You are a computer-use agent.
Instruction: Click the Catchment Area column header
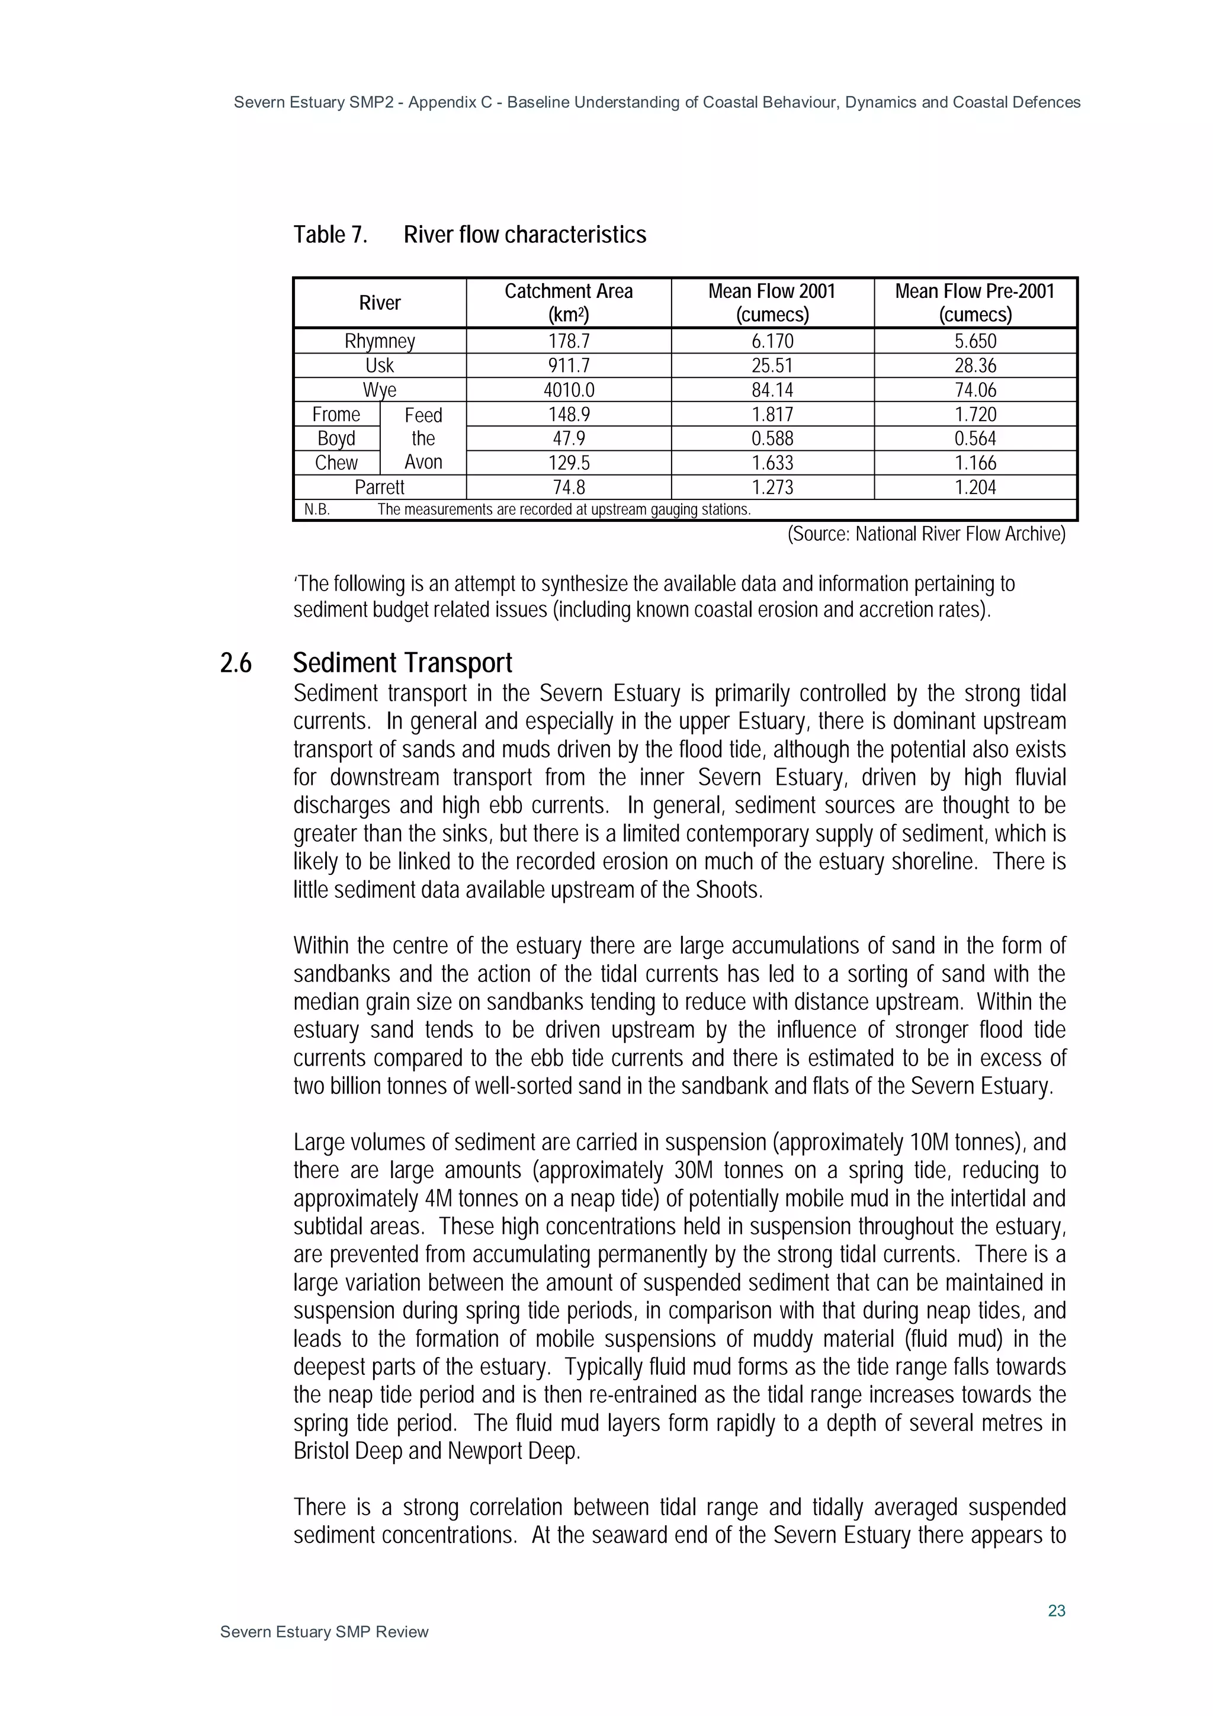[x=568, y=302]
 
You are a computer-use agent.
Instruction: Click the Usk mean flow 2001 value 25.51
[x=772, y=365]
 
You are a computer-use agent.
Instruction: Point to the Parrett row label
[x=380, y=487]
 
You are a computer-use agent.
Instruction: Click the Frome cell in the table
[x=336, y=414]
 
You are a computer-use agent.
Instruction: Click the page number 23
[x=1056, y=1611]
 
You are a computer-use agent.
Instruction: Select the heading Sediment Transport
[x=402, y=663]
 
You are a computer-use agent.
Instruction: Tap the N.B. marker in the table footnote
[x=317, y=510]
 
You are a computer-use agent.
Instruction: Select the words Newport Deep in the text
[x=513, y=1451]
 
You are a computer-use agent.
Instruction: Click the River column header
[x=380, y=302]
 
